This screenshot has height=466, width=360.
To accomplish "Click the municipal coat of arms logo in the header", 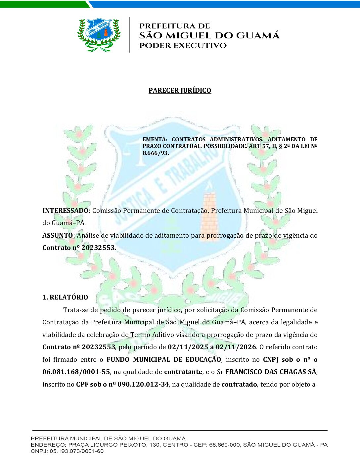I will coord(99,35).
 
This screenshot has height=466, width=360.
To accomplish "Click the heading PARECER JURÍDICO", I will coord(180,90).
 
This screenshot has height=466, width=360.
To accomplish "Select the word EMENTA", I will coord(154,139).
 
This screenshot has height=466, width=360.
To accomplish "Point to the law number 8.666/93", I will coord(156,153).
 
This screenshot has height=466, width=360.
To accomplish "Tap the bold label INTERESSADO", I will coord(65,210).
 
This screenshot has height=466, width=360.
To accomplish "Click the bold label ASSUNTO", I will coord(58,235).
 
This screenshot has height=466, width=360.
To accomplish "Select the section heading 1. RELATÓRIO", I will coord(65,297).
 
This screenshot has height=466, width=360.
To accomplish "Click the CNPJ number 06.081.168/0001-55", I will coord(76,372).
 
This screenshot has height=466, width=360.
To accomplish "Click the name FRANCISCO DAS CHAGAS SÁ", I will coord(271,372).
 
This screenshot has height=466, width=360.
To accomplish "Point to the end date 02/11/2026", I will coord(236,347).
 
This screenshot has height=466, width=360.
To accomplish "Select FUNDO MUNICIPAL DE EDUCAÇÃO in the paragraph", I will coord(163,359).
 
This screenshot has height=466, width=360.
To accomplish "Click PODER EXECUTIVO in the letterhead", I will coord(183,46).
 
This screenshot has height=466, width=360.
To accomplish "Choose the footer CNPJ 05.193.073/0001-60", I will coord(76,451).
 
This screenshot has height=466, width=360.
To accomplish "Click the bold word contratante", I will coord(183,372).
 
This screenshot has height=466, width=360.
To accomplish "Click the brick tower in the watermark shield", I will coord(209,209).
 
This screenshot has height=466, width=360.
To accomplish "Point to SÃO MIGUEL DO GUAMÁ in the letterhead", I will coord(209,35).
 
